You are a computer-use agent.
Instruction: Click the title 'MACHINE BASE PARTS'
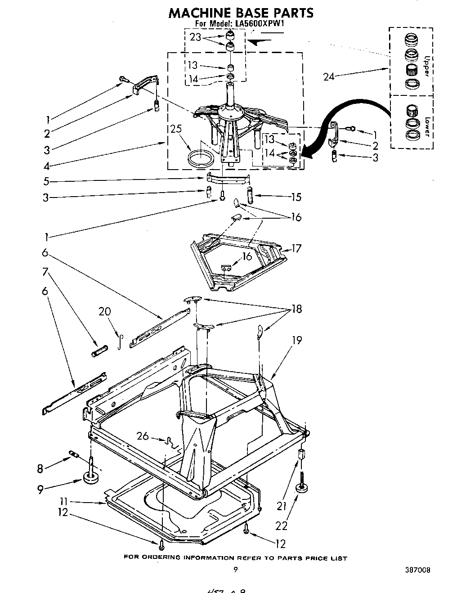[241, 13]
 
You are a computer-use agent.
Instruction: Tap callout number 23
[196, 37]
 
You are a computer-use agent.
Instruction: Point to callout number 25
[175, 129]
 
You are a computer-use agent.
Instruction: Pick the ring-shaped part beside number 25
[201, 159]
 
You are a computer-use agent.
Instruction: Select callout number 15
[296, 197]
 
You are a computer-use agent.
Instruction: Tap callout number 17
[296, 248]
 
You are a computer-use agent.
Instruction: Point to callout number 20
[104, 311]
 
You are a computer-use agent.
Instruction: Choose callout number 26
[143, 436]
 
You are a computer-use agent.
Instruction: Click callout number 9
[40, 489]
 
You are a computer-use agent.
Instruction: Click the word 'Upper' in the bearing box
[428, 65]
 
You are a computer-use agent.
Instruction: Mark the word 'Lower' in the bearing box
[428, 127]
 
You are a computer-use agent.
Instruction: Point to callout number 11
[64, 501]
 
